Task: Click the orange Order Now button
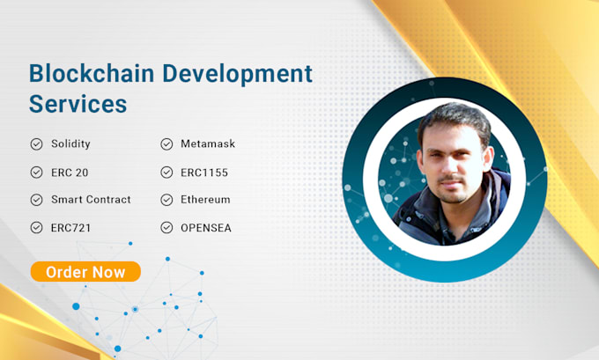coord(85,272)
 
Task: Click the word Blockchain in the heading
coord(81,73)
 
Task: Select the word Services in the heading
coord(78,104)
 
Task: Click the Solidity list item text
coord(70,143)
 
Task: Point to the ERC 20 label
coord(70,172)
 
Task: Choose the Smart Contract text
coord(91,199)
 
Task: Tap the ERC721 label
coord(70,227)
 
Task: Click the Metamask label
coord(207,143)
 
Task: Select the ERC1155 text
coord(205,172)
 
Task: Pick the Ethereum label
coord(206,199)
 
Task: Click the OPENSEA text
coord(206,227)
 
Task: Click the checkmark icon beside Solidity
coord(36,143)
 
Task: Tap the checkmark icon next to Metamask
coord(166,143)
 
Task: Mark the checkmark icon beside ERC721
coord(36,227)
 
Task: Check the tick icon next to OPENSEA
coord(166,227)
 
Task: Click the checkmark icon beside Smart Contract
coord(36,199)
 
